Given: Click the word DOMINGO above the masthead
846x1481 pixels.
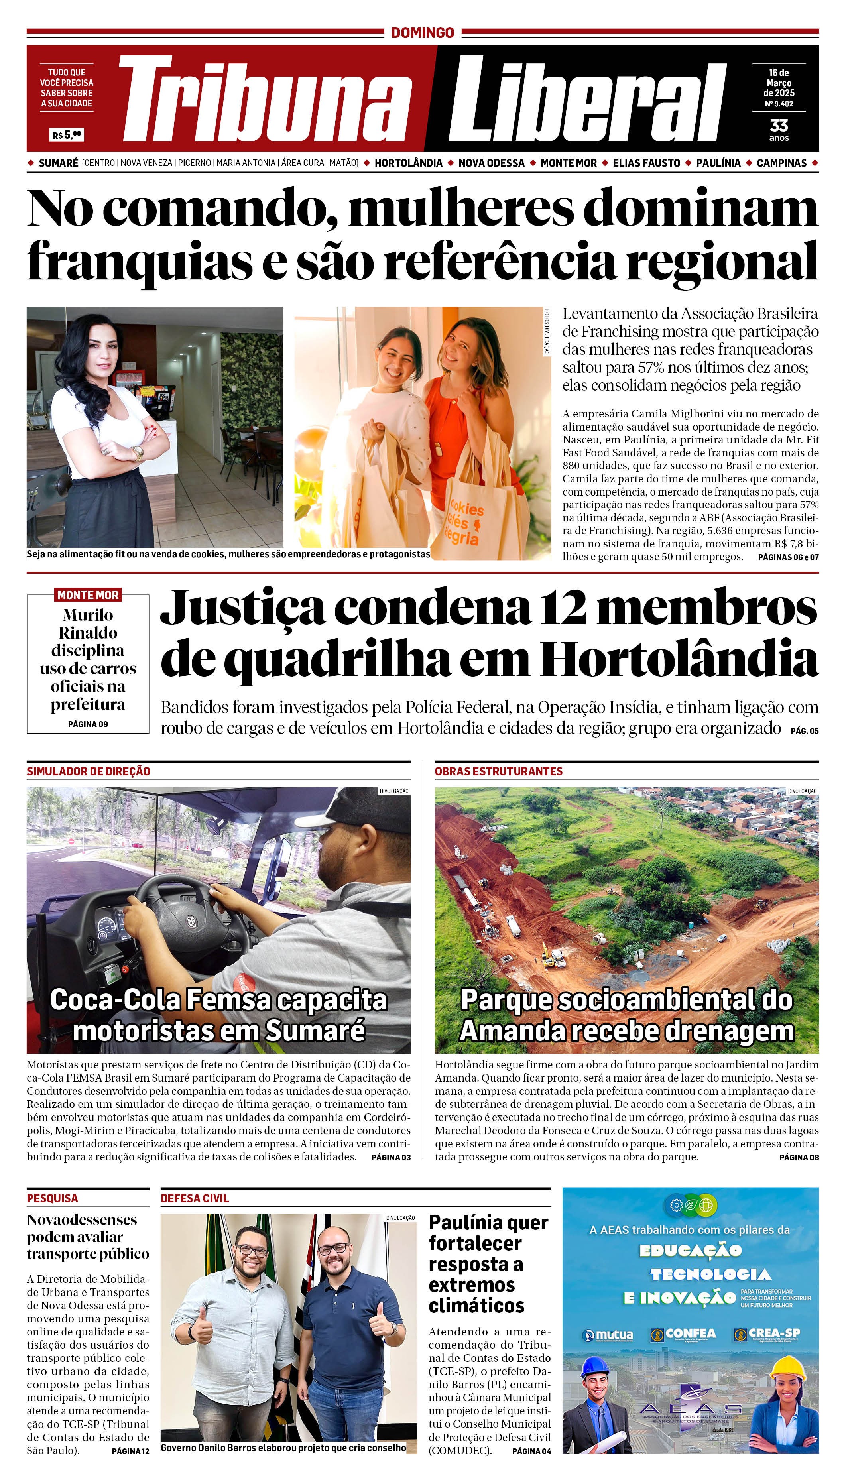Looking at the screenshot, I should (423, 33).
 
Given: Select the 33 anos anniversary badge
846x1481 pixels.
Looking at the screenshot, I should (779, 129).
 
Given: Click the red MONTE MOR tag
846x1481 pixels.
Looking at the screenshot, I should (88, 595).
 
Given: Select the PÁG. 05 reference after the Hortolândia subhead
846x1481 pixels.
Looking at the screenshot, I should (804, 731).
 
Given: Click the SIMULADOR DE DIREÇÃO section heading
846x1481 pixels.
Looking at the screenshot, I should (89, 771).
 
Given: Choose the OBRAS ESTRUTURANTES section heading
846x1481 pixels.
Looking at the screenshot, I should (498, 771).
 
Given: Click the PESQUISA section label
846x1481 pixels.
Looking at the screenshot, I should (52, 1198).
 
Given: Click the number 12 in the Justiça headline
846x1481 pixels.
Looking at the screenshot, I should (559, 607).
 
